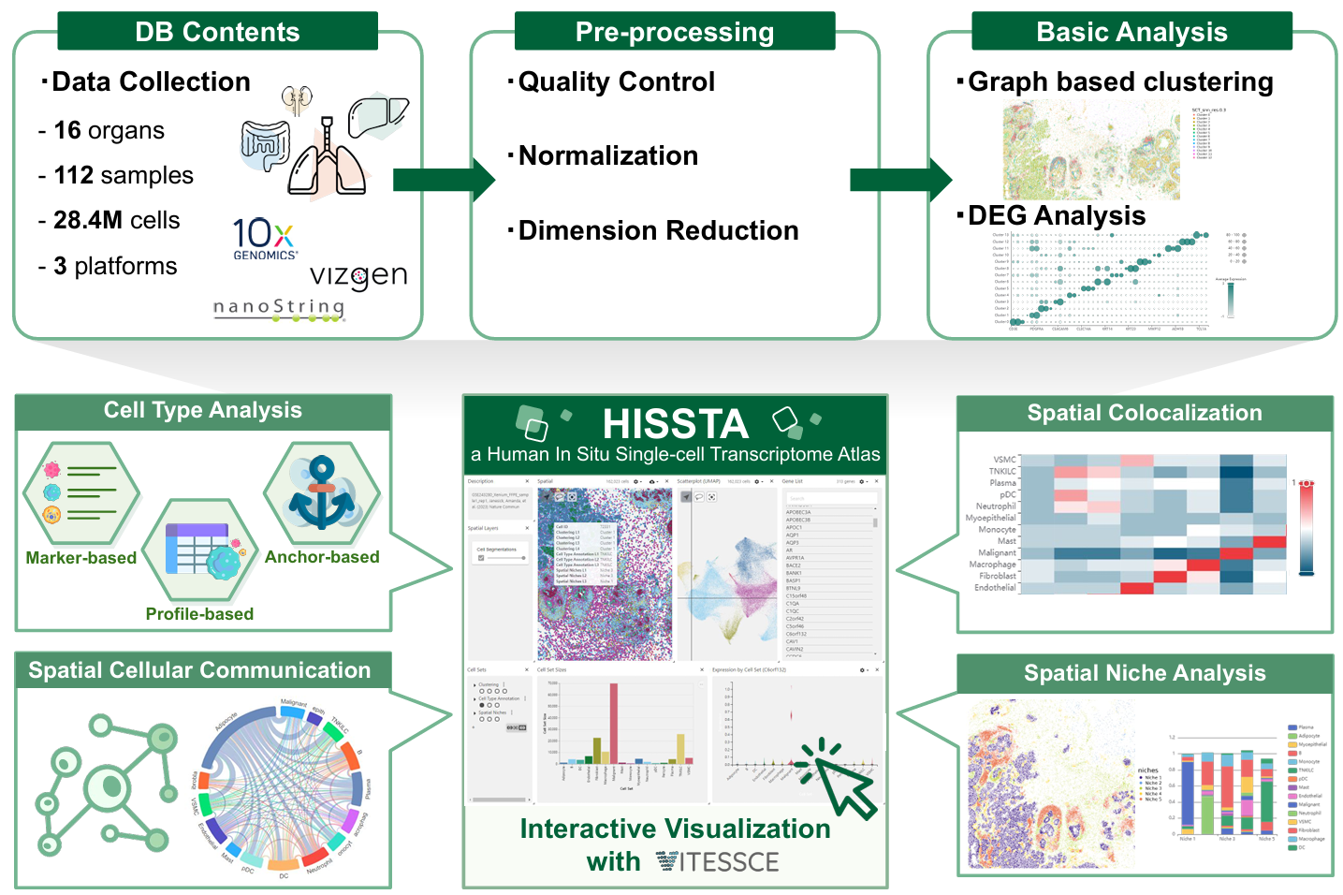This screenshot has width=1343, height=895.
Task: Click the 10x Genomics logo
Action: tap(265, 238)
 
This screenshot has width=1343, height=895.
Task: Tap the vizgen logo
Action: tap(358, 276)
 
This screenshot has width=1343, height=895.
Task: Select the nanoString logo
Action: tap(279, 309)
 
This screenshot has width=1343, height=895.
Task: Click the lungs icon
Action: tap(327, 160)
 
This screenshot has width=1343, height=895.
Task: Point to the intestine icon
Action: tap(267, 146)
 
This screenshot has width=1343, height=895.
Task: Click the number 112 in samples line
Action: tap(74, 175)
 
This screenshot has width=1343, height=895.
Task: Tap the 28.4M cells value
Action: tap(89, 220)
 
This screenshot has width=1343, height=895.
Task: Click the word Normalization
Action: tap(608, 155)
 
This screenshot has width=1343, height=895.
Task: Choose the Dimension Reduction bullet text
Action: tap(658, 230)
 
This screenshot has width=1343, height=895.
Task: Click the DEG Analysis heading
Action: tap(1056, 215)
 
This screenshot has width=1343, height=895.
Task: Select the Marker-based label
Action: tap(81, 558)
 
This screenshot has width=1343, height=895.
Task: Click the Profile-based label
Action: tap(199, 614)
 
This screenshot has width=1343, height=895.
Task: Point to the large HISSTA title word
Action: tap(676, 424)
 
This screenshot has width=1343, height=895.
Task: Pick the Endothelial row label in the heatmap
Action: tap(995, 588)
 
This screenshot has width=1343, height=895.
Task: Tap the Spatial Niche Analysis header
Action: tap(1145, 673)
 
